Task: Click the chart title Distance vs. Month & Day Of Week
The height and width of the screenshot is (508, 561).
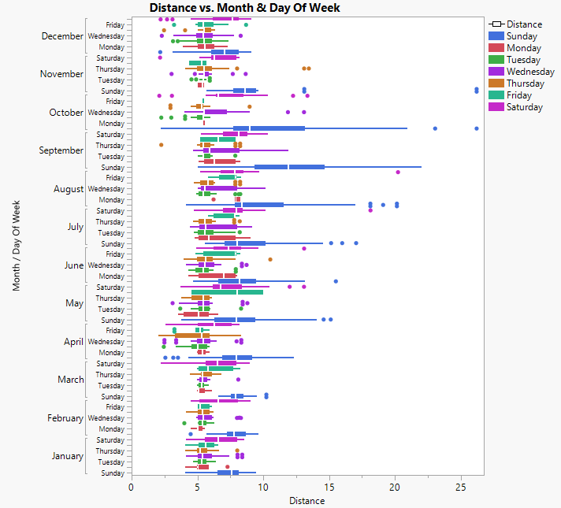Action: [244, 8]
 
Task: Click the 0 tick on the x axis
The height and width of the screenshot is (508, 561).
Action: [132, 488]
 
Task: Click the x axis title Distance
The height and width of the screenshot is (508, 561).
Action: [307, 501]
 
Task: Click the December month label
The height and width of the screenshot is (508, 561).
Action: [61, 36]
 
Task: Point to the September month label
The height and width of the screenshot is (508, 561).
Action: [61, 150]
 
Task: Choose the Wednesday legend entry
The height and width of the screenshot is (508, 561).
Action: [528, 72]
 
